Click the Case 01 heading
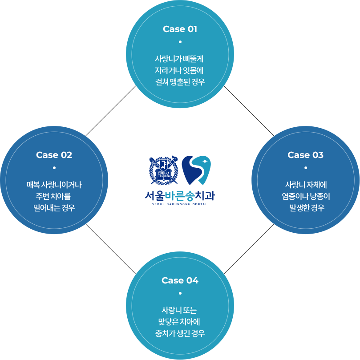[180, 29]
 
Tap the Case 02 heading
[54, 155]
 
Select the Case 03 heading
[305, 155]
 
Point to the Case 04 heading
[180, 280]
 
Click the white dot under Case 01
[180, 42]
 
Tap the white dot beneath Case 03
[306, 168]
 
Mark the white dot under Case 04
[180, 293]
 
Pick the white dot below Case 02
[54, 168]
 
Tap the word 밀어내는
[47, 208]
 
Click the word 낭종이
[320, 196]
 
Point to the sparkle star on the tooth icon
[205, 161]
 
